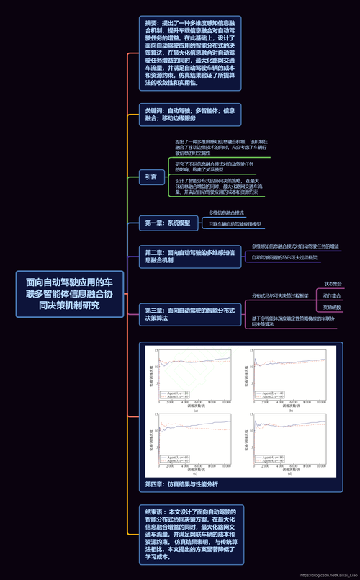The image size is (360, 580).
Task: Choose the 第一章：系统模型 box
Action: coord(168,223)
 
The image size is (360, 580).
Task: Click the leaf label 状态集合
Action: coord(333,284)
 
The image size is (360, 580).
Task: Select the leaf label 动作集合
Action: coord(333,295)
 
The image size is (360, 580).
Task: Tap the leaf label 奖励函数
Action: coord(333,308)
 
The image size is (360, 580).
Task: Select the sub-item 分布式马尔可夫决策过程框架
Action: coord(280,296)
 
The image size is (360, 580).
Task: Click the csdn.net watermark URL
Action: coord(328,575)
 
